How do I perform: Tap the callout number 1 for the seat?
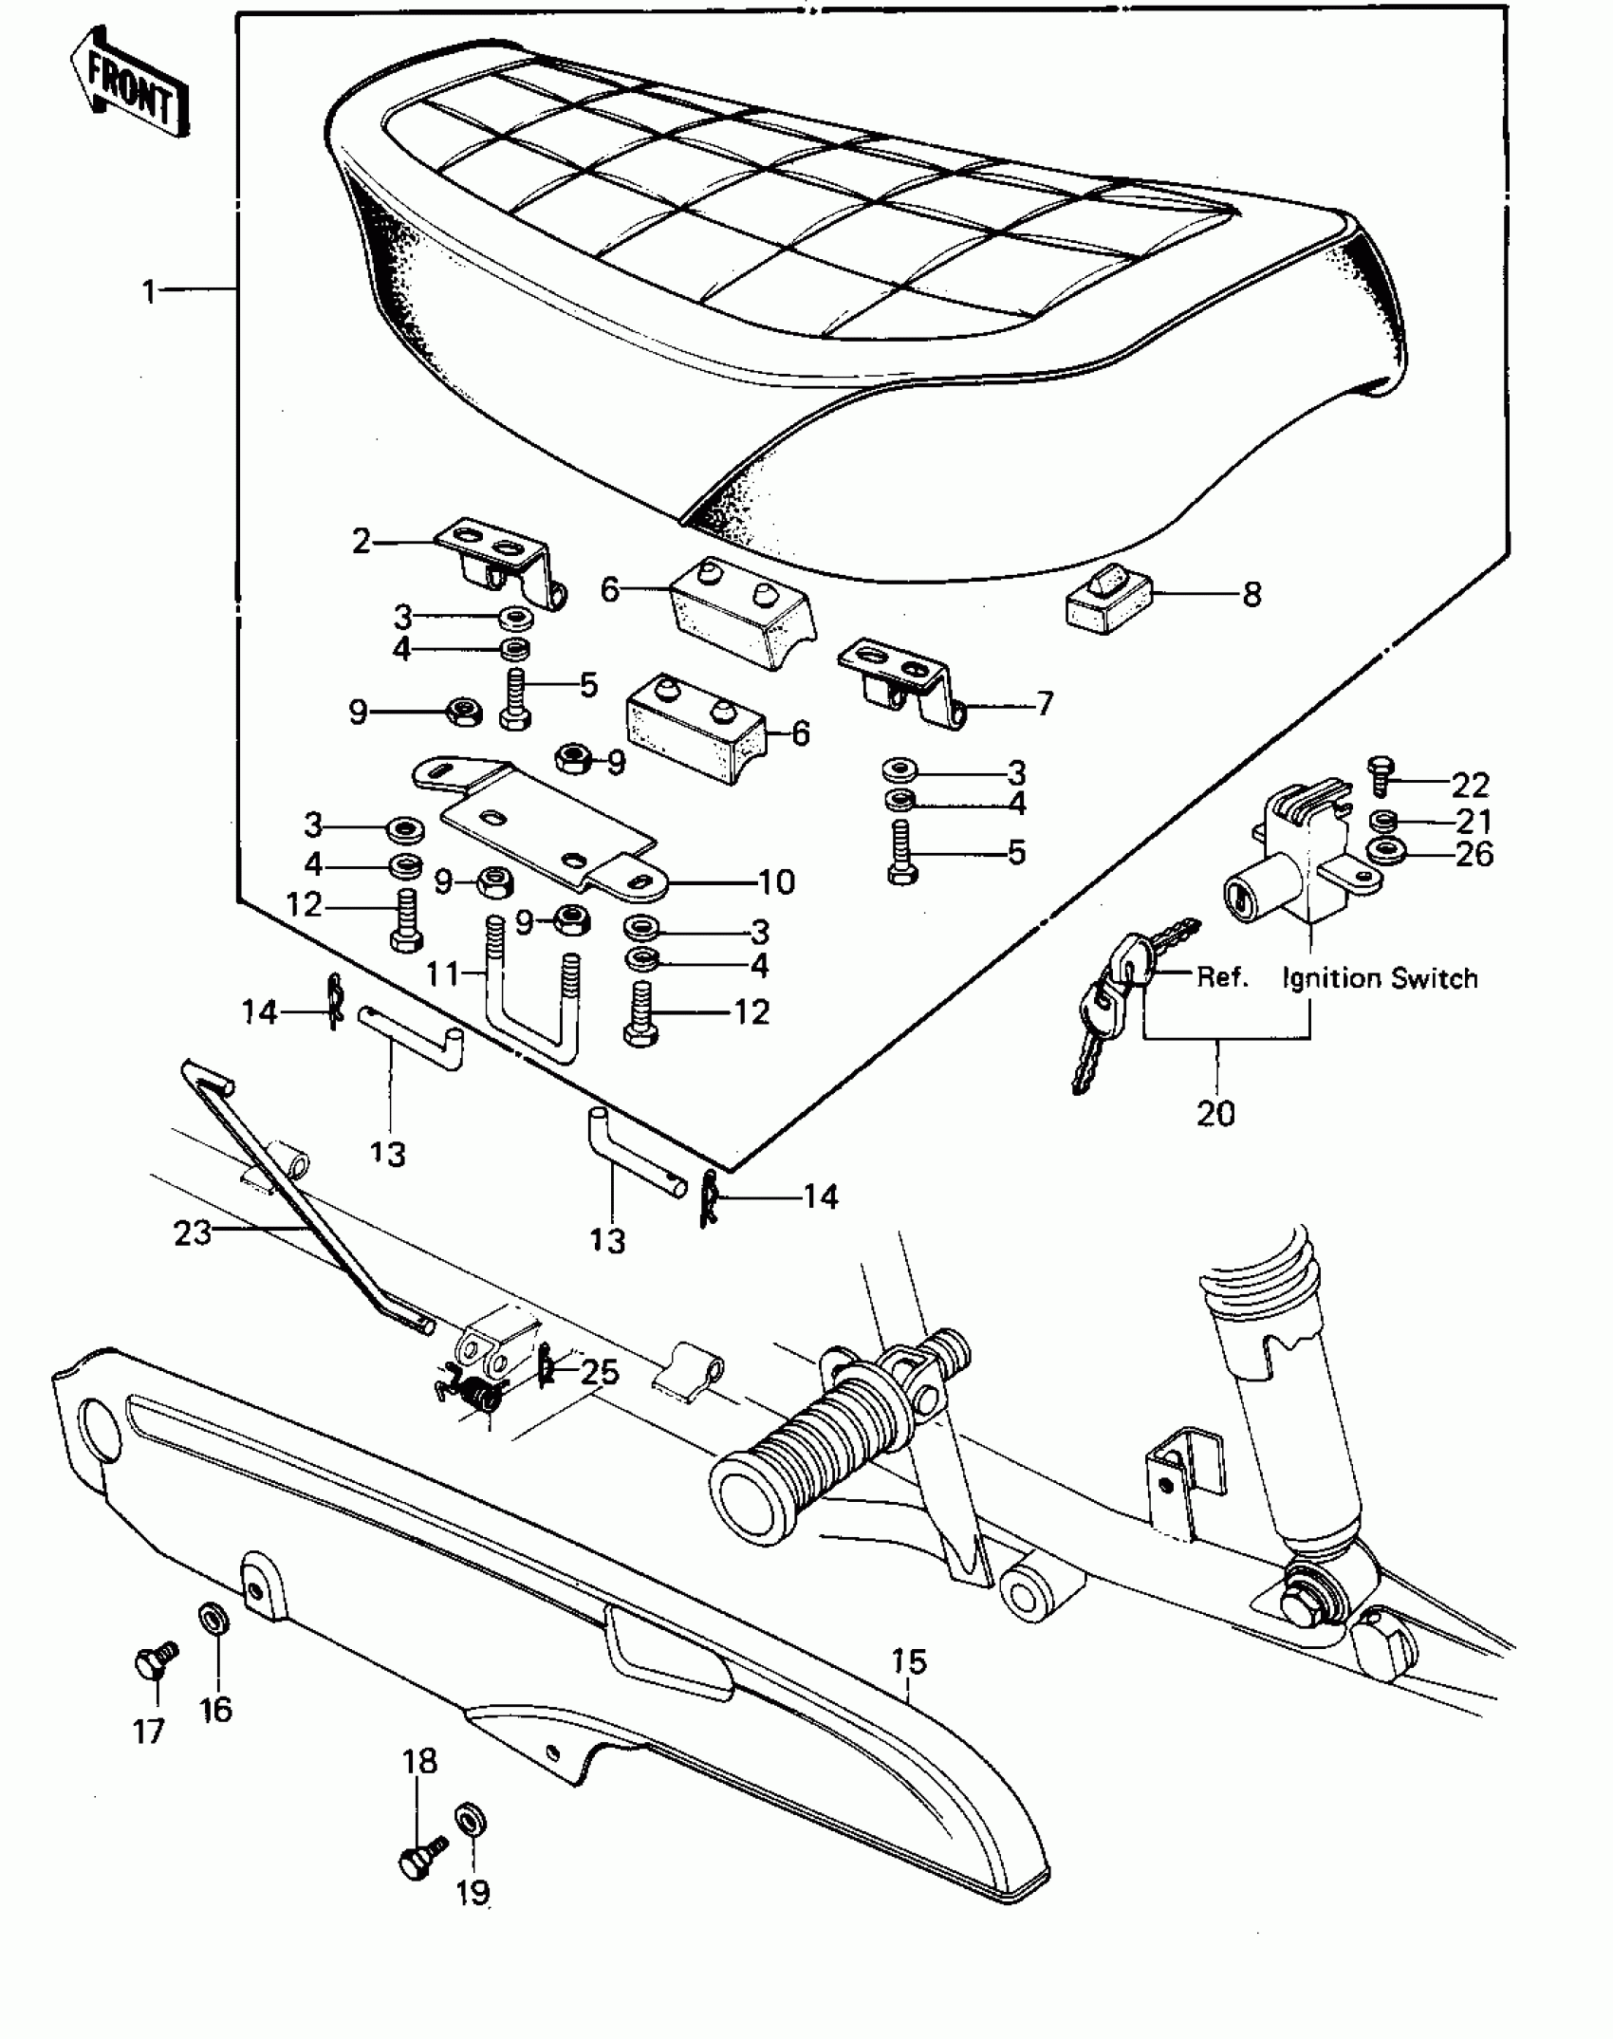pyautogui.click(x=148, y=291)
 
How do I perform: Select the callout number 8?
pyautogui.click(x=1251, y=595)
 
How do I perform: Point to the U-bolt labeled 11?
pyautogui.click(x=531, y=1006)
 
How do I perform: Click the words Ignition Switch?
pyautogui.click(x=1380, y=978)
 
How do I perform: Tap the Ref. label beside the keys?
pyautogui.click(x=1221, y=976)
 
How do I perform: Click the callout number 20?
pyautogui.click(x=1215, y=1113)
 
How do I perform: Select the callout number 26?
pyautogui.click(x=1474, y=854)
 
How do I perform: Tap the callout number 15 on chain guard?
pyautogui.click(x=908, y=1661)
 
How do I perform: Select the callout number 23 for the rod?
pyautogui.click(x=192, y=1233)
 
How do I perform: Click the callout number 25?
pyautogui.click(x=601, y=1372)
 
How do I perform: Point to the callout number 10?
pyautogui.click(x=776, y=882)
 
